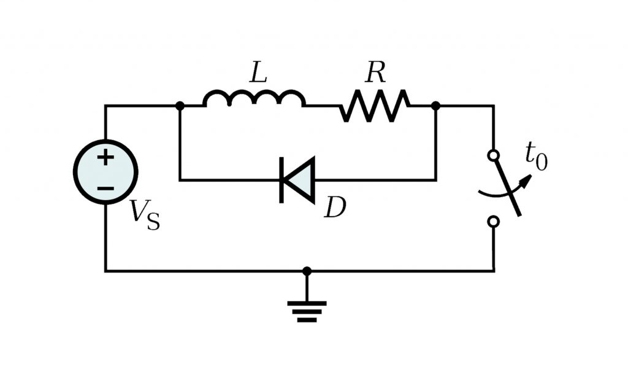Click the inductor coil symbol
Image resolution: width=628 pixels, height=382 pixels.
(254, 99)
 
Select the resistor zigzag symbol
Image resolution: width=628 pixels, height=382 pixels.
(375, 106)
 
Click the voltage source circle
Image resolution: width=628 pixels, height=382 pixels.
(105, 172)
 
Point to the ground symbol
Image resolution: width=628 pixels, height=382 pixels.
(307, 311)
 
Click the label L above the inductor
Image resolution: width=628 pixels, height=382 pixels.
(258, 74)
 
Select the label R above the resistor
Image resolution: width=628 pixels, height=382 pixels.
(375, 74)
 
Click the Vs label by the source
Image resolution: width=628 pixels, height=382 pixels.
(145, 215)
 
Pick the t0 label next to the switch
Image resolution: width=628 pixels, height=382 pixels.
(536, 156)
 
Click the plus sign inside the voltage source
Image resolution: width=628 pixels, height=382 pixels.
(105, 158)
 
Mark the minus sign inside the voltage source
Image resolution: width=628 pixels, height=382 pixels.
(105, 187)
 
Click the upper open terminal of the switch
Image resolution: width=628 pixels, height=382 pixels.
(493, 156)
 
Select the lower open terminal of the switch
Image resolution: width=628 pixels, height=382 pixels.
(493, 221)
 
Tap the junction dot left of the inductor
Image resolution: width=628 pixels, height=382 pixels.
(180, 106)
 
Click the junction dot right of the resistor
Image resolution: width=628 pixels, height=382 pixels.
(435, 106)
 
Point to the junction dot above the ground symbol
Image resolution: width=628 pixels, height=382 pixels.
(307, 271)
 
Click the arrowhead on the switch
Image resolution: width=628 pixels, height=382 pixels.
(526, 179)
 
